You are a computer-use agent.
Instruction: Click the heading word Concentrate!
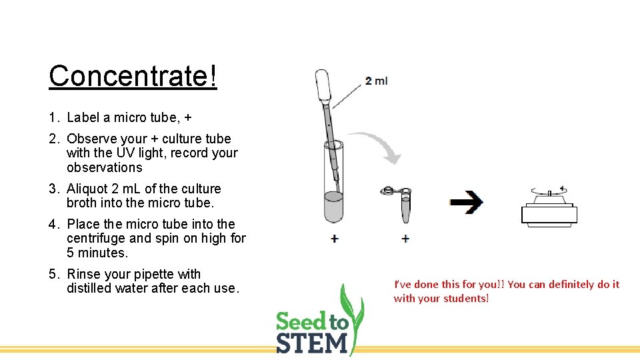coord(133,76)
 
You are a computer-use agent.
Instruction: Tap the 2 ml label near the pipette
coord(376,81)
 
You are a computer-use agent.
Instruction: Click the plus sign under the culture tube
coord(334,239)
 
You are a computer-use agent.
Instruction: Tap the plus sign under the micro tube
coord(405,239)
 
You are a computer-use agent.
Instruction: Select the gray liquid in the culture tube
coord(333,207)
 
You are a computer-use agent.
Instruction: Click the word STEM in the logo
coord(312,343)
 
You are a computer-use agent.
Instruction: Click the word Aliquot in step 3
coord(89,189)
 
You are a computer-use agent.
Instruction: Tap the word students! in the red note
coord(465,298)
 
